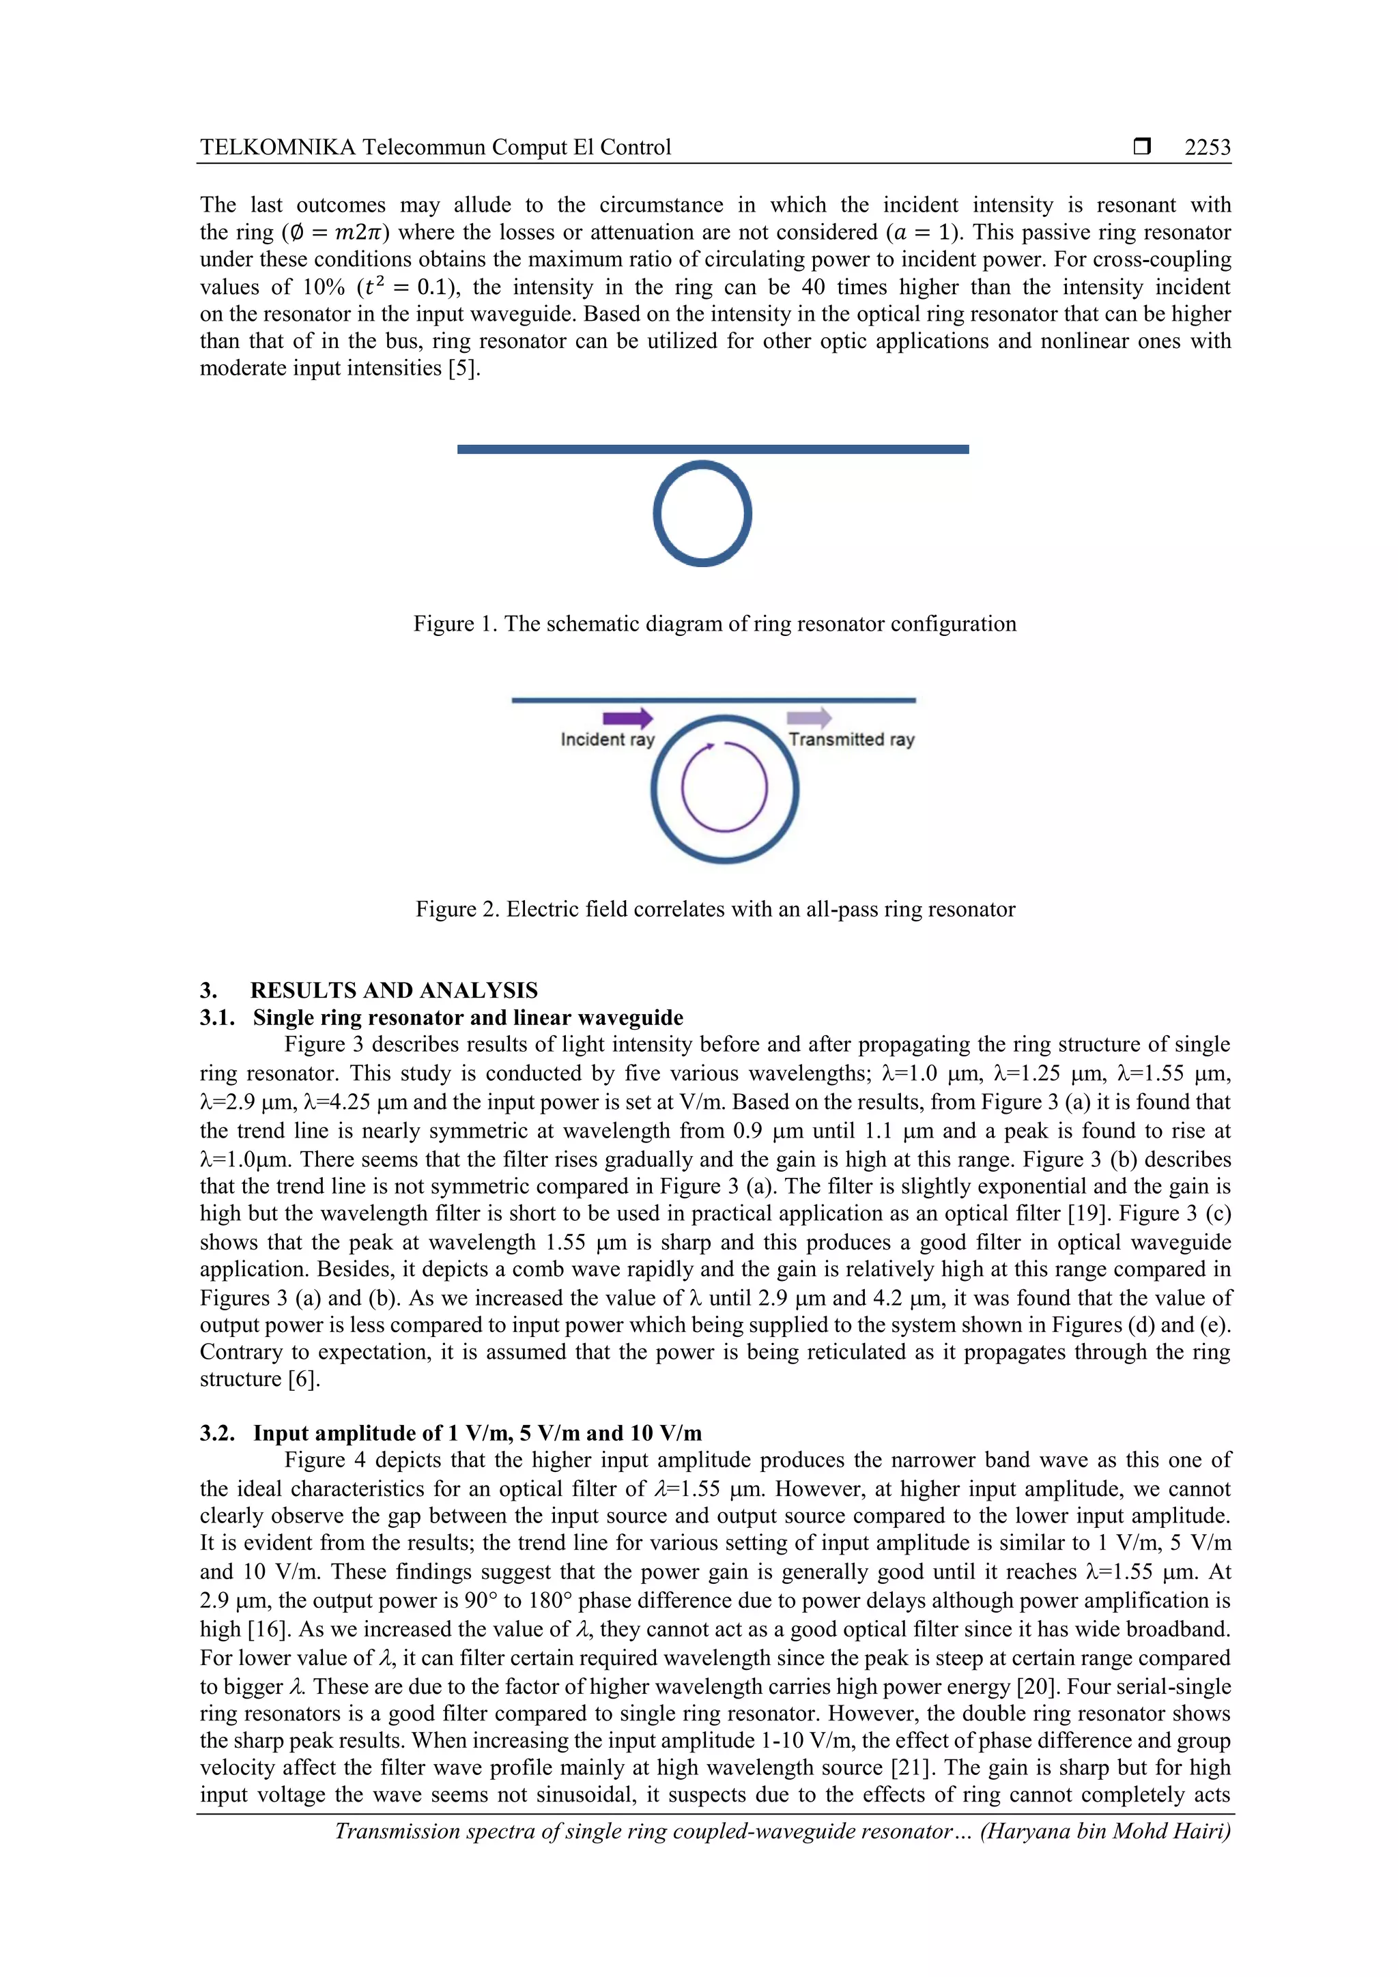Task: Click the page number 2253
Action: (1207, 147)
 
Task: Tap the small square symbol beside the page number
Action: (1142, 147)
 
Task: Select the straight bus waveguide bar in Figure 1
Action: (713, 448)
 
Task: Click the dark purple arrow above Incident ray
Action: (627, 718)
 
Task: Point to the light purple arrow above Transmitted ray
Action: (809, 717)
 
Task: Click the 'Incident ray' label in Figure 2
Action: (608, 740)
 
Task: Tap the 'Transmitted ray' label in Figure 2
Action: (851, 740)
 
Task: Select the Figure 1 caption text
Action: (714, 624)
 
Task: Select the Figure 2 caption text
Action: (715, 909)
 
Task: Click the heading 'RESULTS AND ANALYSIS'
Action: (394, 990)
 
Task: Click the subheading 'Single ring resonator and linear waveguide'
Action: (468, 1018)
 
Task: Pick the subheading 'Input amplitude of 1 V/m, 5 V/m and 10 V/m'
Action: (477, 1433)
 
